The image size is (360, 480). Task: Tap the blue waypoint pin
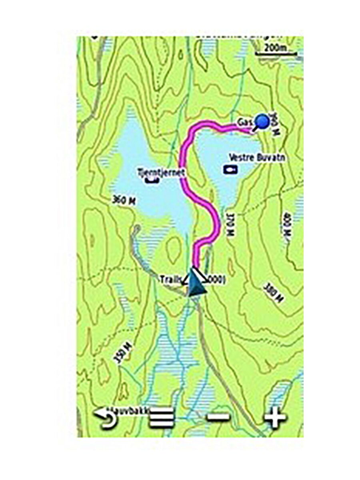pyautogui.click(x=262, y=121)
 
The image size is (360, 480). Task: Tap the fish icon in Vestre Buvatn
pyautogui.click(x=230, y=170)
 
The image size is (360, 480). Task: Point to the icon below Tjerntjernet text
pyautogui.click(x=152, y=180)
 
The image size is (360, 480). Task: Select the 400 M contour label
pyautogui.click(x=288, y=225)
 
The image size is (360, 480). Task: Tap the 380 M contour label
pyautogui.click(x=274, y=292)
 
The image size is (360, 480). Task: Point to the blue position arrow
pyautogui.click(x=196, y=283)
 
